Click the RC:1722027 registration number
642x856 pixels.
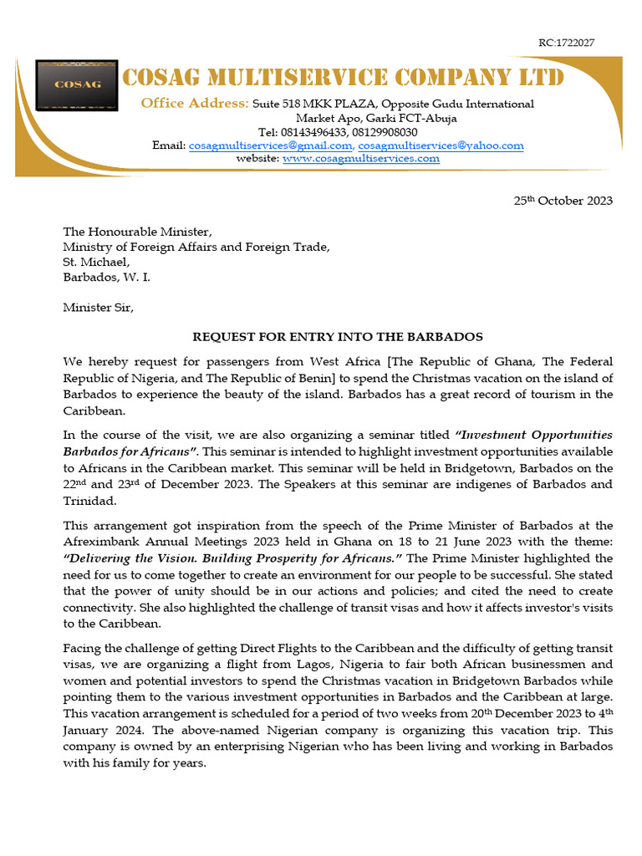566,43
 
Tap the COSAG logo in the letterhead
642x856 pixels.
77,84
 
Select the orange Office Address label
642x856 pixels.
194,104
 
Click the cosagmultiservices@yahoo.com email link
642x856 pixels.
441,145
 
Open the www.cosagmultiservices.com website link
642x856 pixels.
360,158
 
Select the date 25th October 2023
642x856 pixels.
562,201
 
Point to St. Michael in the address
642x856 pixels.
96,262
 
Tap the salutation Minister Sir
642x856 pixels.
98,307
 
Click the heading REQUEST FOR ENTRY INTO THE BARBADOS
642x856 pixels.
338,337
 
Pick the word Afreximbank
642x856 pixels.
99,541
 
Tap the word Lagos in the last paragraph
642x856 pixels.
297,666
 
